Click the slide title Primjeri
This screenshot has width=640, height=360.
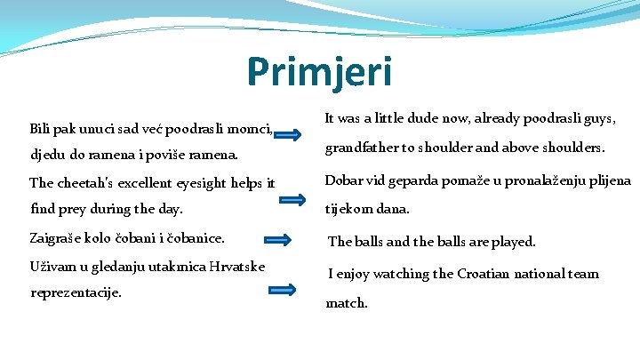[x=319, y=72]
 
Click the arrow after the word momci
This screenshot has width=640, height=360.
[x=286, y=134]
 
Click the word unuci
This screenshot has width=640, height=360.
[x=92, y=130]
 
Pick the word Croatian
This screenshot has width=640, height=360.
[x=491, y=274]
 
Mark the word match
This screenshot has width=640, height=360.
[x=346, y=303]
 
